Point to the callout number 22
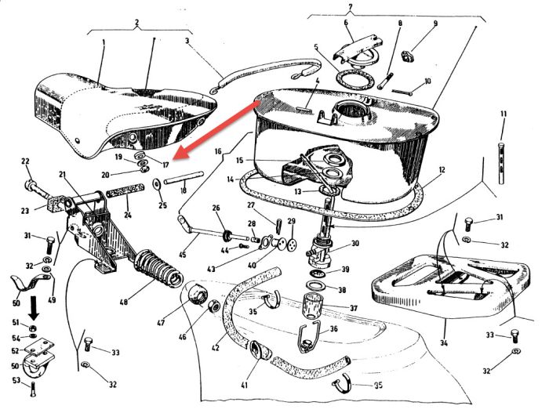(25, 162)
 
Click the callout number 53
(14, 381)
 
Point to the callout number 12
(443, 169)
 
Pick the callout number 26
(216, 209)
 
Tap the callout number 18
(183, 190)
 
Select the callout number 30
(355, 244)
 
